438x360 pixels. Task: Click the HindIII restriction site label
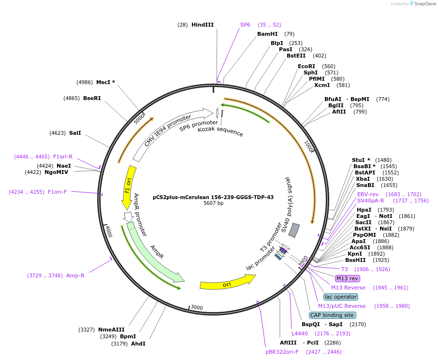(202, 25)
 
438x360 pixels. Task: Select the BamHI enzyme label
(267, 34)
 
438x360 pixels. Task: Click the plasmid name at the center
(213, 197)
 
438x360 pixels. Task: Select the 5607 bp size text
(213, 203)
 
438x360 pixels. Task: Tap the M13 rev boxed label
(348, 278)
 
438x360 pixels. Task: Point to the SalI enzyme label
(75, 132)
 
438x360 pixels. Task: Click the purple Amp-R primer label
(75, 275)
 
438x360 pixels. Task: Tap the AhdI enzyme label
(138, 344)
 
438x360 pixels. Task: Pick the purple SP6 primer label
(245, 25)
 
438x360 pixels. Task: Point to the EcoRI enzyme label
(307, 66)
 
